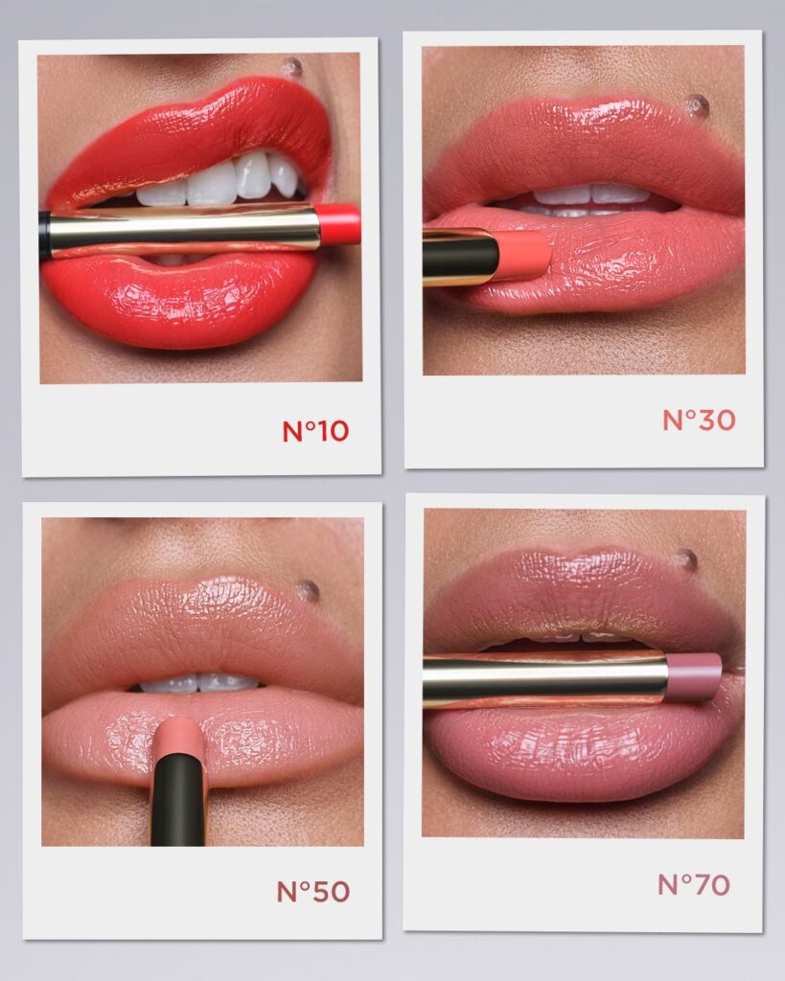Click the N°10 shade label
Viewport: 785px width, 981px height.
(315, 431)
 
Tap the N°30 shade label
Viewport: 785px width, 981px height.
(699, 420)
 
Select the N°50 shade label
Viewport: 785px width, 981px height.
(313, 891)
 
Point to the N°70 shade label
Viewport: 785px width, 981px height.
(694, 884)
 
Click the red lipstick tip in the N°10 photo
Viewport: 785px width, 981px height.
(340, 224)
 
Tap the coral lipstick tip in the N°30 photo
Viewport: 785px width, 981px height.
(524, 256)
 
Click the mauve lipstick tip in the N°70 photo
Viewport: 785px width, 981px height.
(694, 676)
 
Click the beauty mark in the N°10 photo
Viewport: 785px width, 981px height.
(291, 66)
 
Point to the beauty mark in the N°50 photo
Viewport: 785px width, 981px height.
(307, 591)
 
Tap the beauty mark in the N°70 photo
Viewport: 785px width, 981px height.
(686, 559)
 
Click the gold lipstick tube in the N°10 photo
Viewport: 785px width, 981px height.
(185, 233)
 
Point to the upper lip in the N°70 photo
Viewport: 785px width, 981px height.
(582, 594)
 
